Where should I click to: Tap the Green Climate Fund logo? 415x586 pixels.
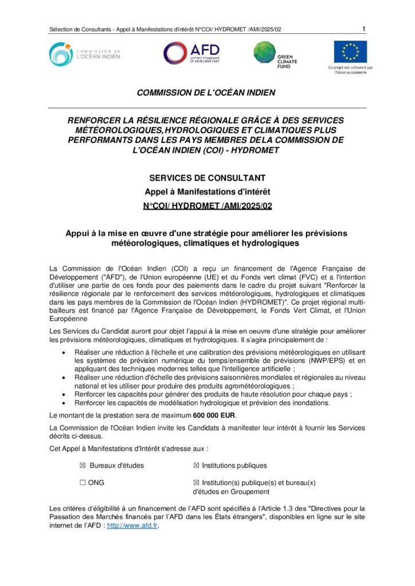point(273,54)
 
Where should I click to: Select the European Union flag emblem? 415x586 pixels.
point(350,52)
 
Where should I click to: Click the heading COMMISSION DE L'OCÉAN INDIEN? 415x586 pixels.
point(206,92)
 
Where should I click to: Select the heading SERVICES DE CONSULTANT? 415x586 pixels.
point(207,178)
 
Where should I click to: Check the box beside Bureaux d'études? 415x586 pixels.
point(83,465)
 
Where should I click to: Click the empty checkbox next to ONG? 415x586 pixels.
point(83,482)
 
